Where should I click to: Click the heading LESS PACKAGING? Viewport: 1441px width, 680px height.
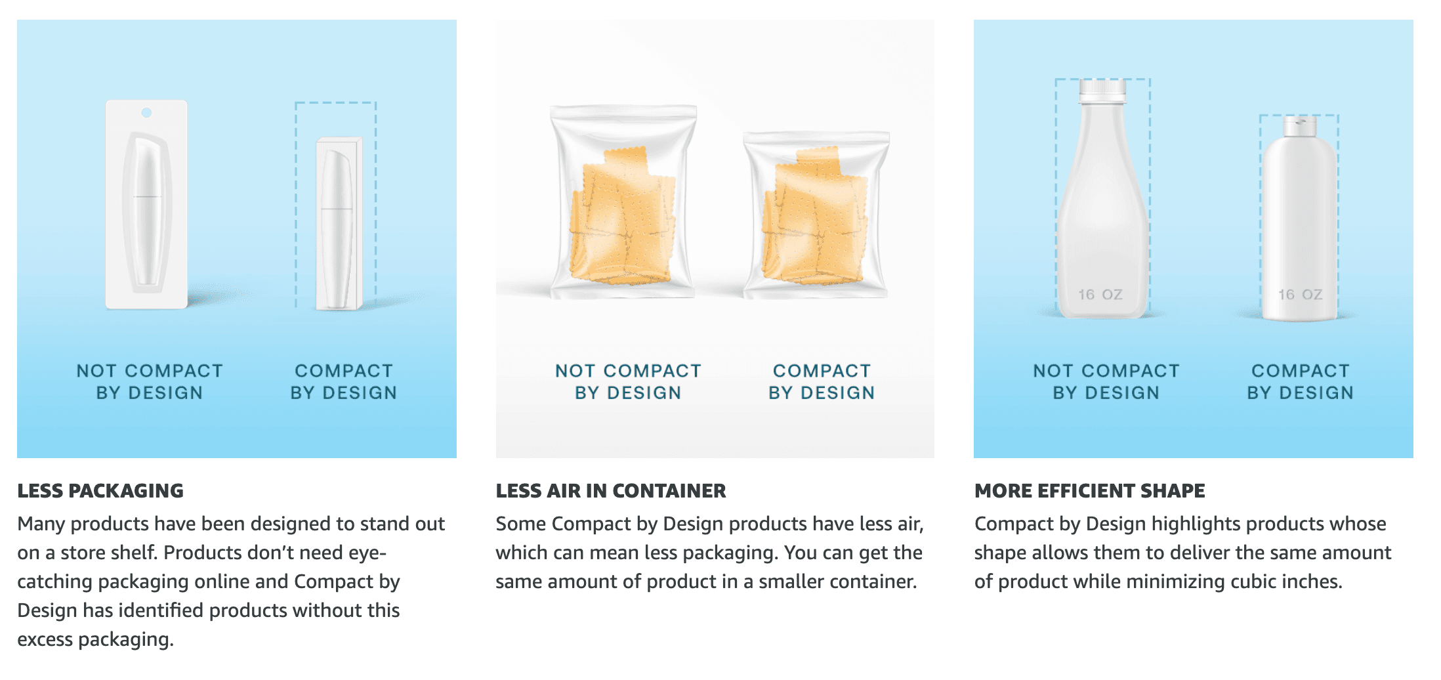(x=100, y=491)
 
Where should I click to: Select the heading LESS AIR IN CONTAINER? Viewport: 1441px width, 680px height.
(x=610, y=491)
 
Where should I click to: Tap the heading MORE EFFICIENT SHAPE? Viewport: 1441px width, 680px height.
(x=1089, y=491)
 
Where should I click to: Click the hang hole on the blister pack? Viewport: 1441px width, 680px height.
(x=147, y=113)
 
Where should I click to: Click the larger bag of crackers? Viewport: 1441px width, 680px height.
(x=623, y=203)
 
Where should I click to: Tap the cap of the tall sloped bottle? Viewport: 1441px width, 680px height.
(x=1102, y=91)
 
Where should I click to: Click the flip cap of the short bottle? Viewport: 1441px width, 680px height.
(x=1300, y=126)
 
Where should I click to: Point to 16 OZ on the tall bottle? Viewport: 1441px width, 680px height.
(x=1100, y=295)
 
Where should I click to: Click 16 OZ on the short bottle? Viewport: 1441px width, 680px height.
(x=1300, y=295)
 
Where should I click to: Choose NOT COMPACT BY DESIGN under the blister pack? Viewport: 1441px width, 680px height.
(x=150, y=382)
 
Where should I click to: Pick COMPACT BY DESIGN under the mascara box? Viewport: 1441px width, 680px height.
(x=344, y=382)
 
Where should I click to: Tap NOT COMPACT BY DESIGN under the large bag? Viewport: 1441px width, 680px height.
(x=628, y=382)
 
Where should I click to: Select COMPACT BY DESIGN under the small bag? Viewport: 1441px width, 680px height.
(x=822, y=382)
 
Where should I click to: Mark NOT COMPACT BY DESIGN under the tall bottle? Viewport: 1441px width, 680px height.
(x=1106, y=382)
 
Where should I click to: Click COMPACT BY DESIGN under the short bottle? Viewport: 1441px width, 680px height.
(x=1300, y=382)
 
